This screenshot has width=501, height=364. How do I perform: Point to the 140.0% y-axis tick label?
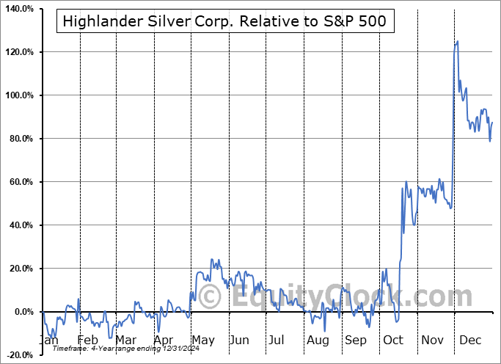point(18,9)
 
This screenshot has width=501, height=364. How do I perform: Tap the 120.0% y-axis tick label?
point(18,52)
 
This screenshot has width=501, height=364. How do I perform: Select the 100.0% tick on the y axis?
point(18,95)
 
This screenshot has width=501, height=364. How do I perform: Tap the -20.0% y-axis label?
point(19,355)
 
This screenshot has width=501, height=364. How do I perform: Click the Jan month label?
point(48,341)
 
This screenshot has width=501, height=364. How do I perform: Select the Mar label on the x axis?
point(125,341)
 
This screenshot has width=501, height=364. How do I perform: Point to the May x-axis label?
point(202,341)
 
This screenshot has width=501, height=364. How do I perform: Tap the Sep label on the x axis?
point(356,341)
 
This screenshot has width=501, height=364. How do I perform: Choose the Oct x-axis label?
point(393,341)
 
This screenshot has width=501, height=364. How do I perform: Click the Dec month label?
point(469,341)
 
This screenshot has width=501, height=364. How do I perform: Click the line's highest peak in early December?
point(458,41)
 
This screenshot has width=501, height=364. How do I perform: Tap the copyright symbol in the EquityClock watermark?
point(211,297)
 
